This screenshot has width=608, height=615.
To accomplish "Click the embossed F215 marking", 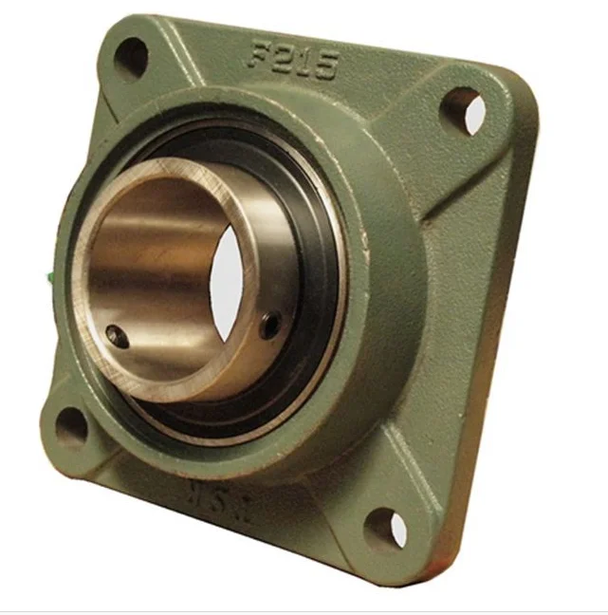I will coord(292,60).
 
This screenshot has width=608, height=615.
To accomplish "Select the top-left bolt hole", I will coord(131,58).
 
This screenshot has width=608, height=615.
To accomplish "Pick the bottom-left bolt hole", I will coord(71,427).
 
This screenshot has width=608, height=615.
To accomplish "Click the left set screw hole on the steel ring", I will coord(115,333).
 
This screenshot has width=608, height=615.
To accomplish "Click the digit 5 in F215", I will coord(325,65).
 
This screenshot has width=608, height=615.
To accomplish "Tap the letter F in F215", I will coord(259,54).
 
